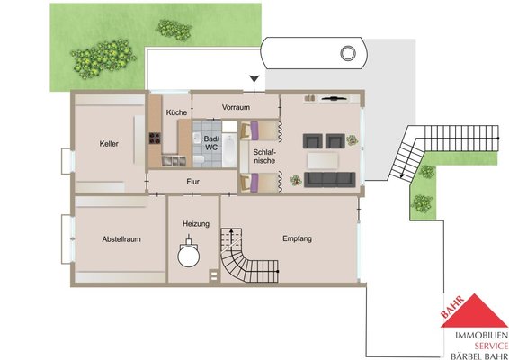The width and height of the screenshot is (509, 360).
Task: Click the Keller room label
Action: (109, 144)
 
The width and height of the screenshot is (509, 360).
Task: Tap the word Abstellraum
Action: (121, 239)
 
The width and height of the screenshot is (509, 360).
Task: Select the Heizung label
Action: (196, 224)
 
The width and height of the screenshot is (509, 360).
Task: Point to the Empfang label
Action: (298, 238)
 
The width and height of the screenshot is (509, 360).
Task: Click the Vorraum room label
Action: (236, 107)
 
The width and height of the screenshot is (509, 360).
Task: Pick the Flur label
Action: (192, 182)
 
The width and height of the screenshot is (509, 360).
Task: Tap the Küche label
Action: (176, 112)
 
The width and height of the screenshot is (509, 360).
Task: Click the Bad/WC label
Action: (211, 143)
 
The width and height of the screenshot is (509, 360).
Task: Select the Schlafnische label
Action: (264, 157)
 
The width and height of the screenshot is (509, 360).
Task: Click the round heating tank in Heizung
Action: (189, 256)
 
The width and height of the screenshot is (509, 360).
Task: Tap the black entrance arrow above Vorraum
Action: (254, 78)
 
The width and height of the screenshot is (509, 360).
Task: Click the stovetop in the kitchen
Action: (156, 138)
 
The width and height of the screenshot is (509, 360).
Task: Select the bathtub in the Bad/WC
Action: (230, 149)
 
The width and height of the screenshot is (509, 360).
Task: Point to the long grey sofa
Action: (329, 180)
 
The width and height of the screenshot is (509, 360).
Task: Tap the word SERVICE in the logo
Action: (491, 346)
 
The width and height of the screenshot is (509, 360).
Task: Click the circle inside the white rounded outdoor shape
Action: (348, 52)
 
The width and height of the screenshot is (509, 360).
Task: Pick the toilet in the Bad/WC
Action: (199, 159)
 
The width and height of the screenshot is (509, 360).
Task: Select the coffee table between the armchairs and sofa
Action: (323, 160)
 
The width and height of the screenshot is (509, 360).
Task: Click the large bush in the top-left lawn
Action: (103, 58)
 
